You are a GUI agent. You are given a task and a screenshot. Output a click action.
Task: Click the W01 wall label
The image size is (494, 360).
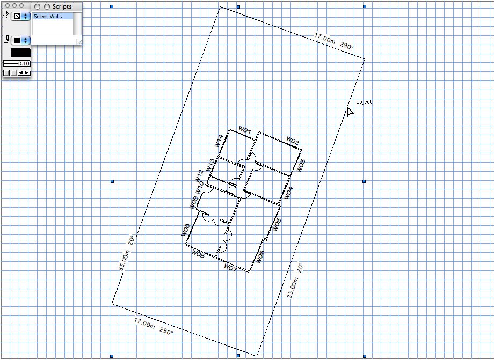[245, 130]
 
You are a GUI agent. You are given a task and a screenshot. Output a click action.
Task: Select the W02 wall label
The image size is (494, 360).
[293, 141]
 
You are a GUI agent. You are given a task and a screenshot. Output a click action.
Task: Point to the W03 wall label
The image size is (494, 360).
[301, 166]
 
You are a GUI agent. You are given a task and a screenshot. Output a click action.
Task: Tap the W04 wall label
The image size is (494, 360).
[288, 193]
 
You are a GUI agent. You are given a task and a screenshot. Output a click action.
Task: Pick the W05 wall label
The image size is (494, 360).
[276, 225]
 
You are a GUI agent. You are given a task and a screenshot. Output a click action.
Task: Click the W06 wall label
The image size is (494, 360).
[260, 257]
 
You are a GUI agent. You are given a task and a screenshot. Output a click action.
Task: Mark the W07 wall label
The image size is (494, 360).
[230, 268]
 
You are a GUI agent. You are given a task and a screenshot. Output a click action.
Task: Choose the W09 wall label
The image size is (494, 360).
[193, 202]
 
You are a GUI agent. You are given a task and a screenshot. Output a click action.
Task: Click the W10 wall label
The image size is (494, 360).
[199, 188]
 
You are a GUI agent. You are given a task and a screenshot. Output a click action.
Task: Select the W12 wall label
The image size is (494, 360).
[199, 176]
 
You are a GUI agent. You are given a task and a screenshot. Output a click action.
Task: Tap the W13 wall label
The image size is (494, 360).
[210, 165]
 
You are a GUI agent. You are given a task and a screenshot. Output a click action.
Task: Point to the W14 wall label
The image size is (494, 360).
[219, 141]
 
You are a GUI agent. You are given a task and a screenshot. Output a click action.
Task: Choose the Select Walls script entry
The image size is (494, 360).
[48, 16]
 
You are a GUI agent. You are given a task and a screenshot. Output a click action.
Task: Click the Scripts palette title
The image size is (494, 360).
[62, 6]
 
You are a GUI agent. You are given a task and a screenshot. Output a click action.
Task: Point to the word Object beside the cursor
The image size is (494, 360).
[364, 101]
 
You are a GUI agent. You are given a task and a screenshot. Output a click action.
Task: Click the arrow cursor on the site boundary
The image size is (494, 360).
[350, 112]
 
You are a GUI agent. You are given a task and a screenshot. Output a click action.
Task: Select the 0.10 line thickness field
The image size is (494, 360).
[17, 63]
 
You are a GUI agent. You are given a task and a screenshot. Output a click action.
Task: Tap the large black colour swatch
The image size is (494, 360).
[20, 53]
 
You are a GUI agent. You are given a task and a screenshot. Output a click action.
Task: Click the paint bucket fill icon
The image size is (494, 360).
[6, 15]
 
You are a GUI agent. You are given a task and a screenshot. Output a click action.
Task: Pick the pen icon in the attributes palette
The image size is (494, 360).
[6, 39]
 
